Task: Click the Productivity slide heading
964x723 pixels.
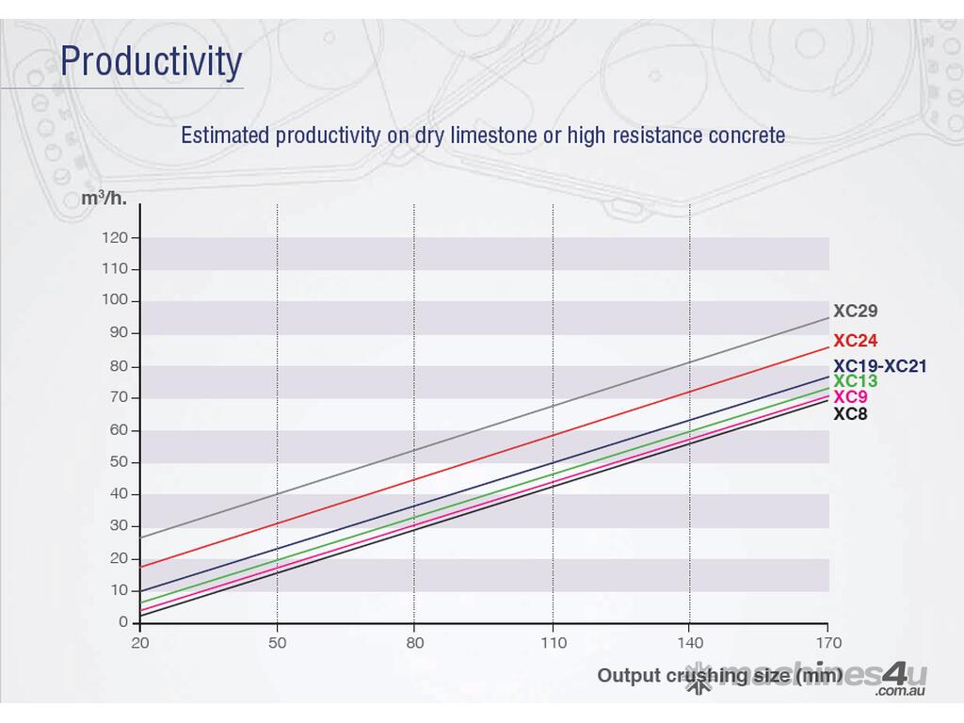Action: click(151, 62)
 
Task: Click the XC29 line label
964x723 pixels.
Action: click(855, 311)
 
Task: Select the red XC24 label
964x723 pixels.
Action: click(855, 341)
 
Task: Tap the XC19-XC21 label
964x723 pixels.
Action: click(879, 366)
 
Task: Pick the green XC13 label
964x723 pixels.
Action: click(855, 381)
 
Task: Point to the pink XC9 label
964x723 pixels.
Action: click(850, 397)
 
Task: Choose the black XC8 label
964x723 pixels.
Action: click(850, 412)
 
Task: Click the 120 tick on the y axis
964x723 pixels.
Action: click(115, 237)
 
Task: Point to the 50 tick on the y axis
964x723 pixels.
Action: click(119, 462)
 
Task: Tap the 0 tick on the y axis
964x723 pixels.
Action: click(122, 622)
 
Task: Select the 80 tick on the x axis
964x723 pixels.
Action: click(414, 643)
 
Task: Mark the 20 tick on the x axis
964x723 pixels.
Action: click(139, 643)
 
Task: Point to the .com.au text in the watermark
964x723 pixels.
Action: click(901, 692)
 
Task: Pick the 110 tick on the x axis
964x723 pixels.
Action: click(553, 643)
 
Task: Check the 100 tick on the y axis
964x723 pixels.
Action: click(115, 300)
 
